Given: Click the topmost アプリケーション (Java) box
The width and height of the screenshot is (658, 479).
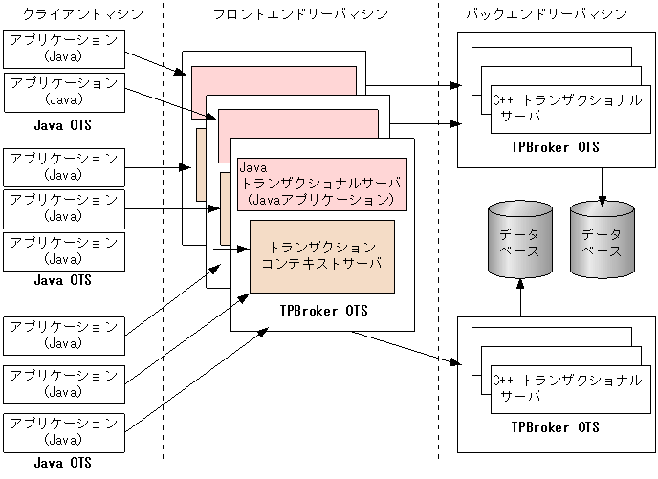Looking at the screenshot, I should click(x=63, y=47).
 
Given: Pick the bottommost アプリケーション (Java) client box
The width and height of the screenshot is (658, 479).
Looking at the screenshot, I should click(x=63, y=431).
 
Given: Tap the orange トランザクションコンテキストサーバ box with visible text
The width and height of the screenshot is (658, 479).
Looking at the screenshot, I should click(x=321, y=255).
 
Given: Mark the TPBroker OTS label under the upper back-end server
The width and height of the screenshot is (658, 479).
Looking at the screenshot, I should click(x=555, y=146).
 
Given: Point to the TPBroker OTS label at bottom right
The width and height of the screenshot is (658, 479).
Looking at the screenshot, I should click(x=555, y=426).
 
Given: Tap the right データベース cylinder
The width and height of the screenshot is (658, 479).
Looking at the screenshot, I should click(x=602, y=237).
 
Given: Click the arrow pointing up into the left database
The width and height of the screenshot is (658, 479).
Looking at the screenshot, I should click(x=519, y=296).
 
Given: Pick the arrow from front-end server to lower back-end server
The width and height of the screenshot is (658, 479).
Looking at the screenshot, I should click(x=402, y=347).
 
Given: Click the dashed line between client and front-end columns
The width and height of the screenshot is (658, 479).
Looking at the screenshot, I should click(x=164, y=239).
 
